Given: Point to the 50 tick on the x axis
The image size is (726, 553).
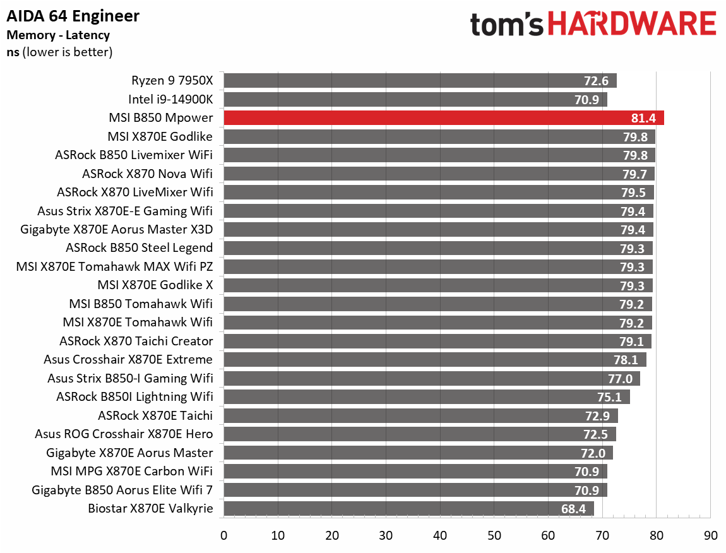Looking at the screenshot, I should pos(494,536).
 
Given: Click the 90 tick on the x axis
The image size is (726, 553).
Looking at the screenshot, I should pos(710,536).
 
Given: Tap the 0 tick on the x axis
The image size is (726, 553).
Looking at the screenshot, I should pos(223,536).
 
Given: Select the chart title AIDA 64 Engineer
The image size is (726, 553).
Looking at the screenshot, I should pos(73,16).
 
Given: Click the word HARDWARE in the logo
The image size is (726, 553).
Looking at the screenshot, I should pos(632,25).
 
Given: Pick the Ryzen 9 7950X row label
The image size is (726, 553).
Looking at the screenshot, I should pos(172,80).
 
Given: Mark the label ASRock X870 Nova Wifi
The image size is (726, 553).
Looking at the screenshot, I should pos(147,174).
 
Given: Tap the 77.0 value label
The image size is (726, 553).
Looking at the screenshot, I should pos(621,379).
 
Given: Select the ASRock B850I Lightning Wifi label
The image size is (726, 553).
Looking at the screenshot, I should pos(134,397).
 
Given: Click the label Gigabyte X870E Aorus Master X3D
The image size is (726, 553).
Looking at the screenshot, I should pos(116,229).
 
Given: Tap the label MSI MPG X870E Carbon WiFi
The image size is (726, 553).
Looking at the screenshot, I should pos(132,471).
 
